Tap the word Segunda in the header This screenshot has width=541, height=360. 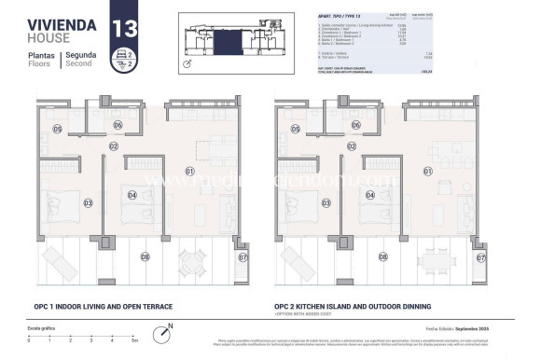tap(80, 56)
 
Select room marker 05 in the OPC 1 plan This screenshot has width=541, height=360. tap(31, 129)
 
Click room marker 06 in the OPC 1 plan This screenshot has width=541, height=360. tap(118, 124)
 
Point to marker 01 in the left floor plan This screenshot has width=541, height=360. tap(189, 172)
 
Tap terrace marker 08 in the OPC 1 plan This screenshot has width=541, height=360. tap(145, 256)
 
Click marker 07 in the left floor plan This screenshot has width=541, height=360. tap(243, 256)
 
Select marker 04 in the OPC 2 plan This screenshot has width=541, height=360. tap(370, 196)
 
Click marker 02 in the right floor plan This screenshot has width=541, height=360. tap(352, 146)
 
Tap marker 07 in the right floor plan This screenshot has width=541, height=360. tap(481, 256)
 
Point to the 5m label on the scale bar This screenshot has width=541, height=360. tap(135, 343)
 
